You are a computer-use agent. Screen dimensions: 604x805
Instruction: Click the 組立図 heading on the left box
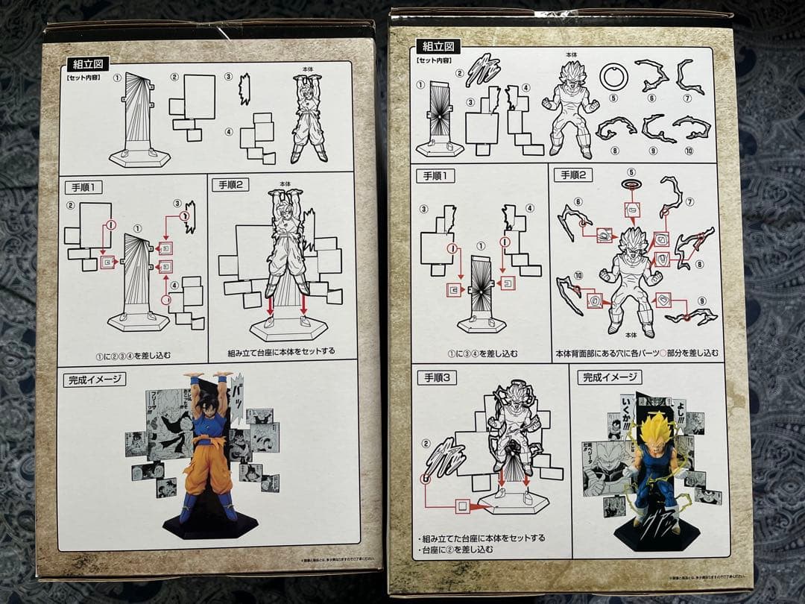(x=87, y=64)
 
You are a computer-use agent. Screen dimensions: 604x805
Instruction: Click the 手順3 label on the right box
(x=441, y=377)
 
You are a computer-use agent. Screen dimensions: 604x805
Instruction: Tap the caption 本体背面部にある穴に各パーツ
(x=637, y=353)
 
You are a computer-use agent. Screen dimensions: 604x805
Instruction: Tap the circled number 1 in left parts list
(x=117, y=78)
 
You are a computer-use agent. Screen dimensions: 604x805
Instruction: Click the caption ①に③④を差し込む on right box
(x=484, y=353)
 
